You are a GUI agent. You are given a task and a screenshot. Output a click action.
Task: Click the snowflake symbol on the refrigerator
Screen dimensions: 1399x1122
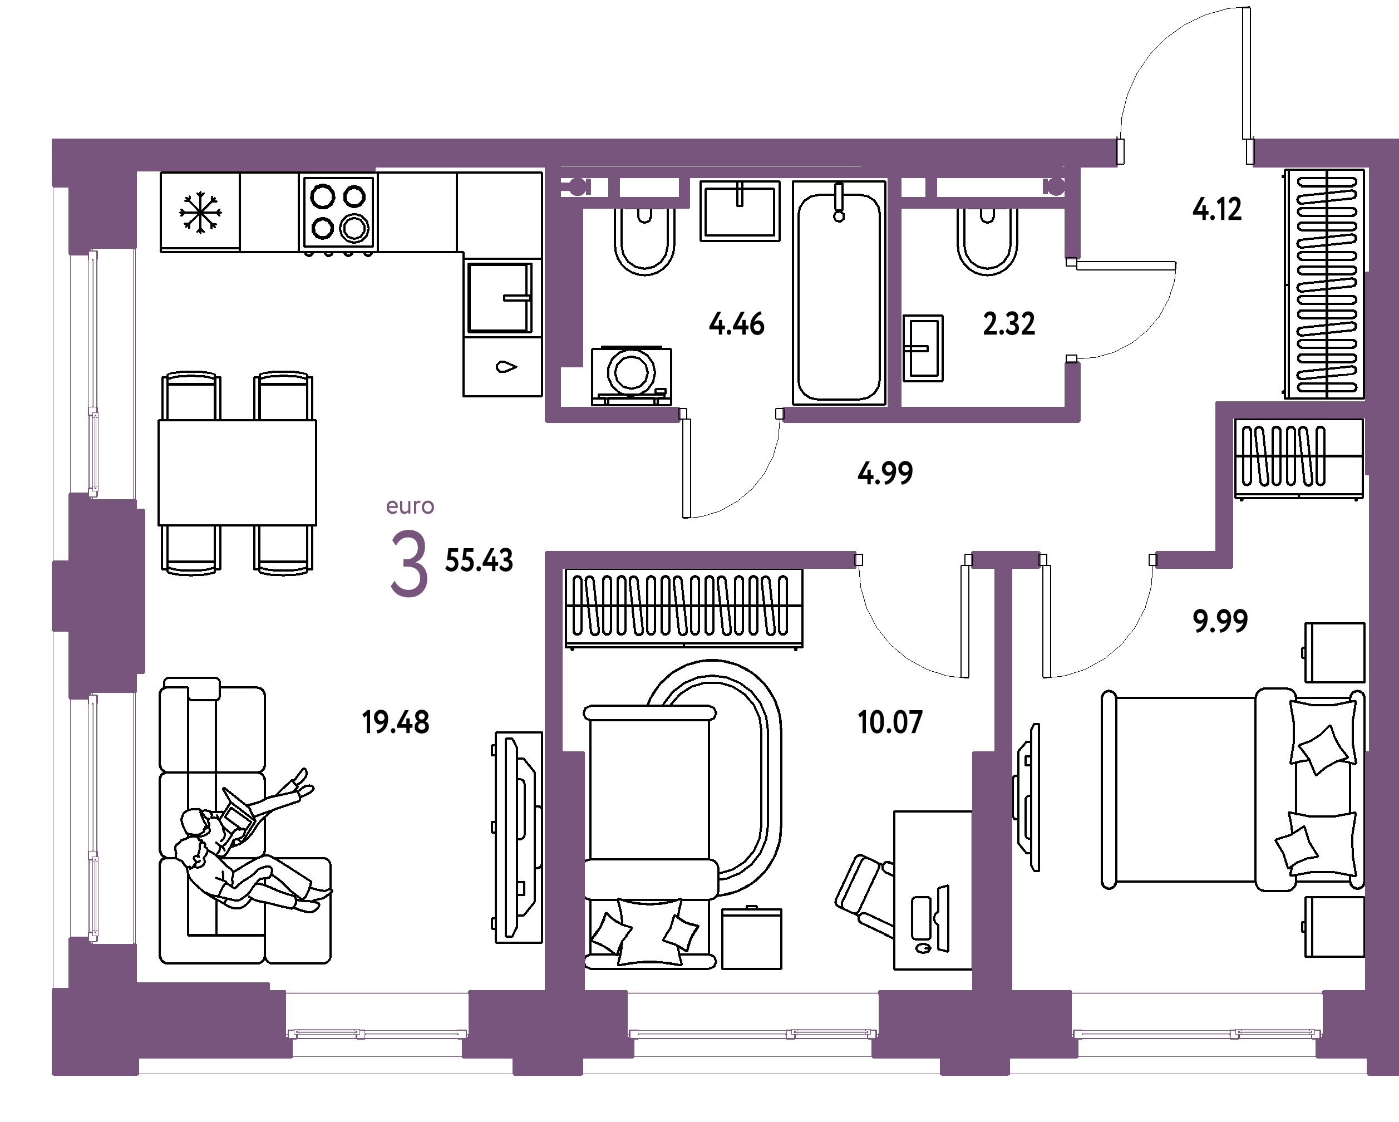tap(200, 212)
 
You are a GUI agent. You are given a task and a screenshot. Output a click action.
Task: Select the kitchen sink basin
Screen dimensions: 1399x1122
tap(500, 298)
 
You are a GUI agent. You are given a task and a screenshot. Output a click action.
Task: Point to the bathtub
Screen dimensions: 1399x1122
tap(839, 293)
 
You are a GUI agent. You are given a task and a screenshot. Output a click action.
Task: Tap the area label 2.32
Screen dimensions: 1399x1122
tap(1009, 324)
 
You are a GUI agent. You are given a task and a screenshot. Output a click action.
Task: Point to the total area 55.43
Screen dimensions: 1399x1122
tap(479, 560)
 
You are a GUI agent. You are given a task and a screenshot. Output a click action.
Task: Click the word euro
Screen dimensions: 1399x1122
tap(410, 506)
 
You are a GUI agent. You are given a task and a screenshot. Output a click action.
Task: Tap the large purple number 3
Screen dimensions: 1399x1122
tap(409, 563)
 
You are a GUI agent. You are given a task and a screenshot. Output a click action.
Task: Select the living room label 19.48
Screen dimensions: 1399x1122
tap(396, 722)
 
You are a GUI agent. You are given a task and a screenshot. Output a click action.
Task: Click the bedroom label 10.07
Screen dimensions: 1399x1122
tap(890, 722)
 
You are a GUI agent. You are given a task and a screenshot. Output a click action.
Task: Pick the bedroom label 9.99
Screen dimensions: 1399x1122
tap(1220, 621)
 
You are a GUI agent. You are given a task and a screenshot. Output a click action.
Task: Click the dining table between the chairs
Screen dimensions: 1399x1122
tap(238, 473)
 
